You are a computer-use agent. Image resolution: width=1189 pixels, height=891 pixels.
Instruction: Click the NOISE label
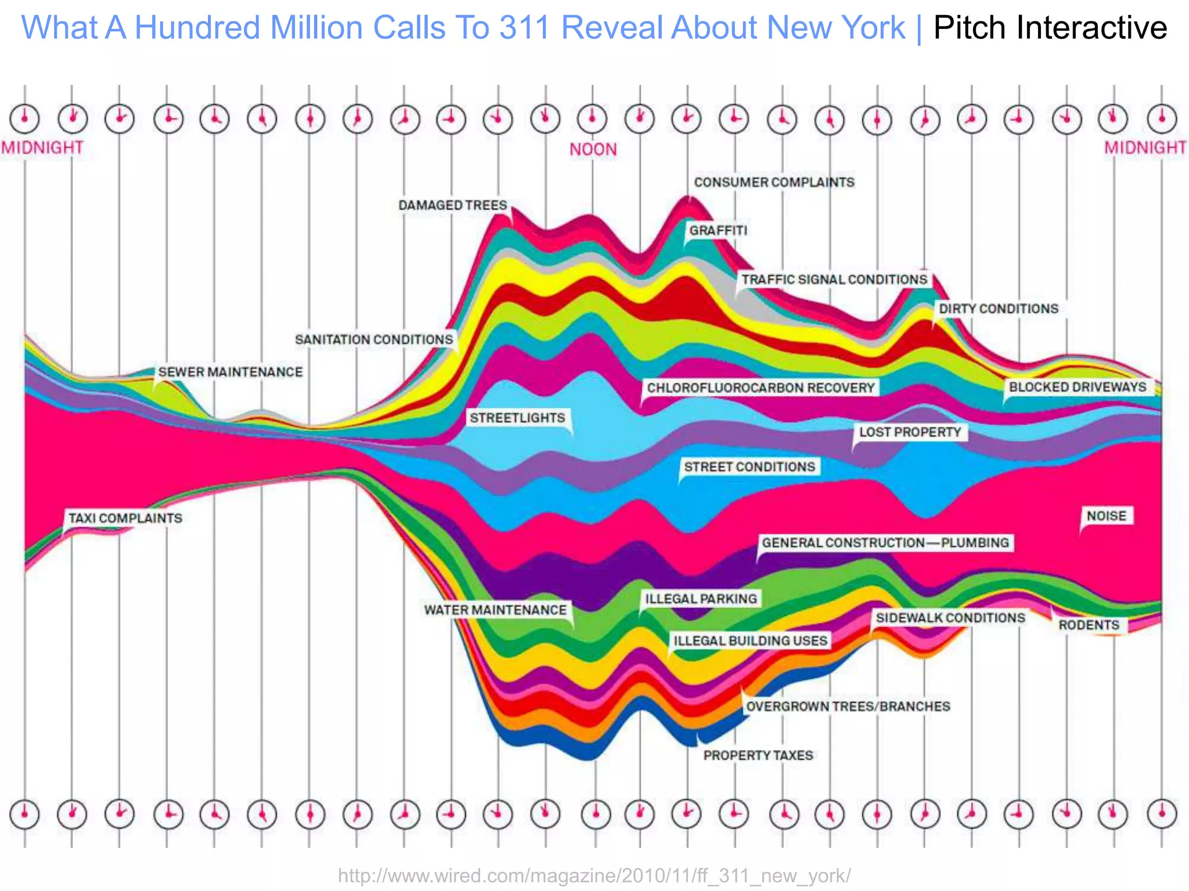click(x=1106, y=516)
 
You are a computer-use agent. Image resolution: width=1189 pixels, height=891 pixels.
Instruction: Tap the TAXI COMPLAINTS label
click(x=125, y=518)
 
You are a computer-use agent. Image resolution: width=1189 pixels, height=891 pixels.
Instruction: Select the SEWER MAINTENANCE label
click(x=230, y=372)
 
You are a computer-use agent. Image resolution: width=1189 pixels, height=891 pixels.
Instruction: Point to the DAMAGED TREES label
click(x=453, y=205)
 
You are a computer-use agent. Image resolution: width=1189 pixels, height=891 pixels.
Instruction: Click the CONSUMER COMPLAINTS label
click(x=774, y=182)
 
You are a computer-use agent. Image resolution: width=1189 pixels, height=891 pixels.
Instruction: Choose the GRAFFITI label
click(x=718, y=230)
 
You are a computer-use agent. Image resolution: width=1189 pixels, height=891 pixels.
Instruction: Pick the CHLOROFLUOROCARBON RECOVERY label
click(x=761, y=387)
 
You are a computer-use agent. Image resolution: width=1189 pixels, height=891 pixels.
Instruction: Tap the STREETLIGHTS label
click(x=517, y=418)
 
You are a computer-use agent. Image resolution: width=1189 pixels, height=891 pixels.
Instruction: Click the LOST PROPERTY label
click(x=910, y=432)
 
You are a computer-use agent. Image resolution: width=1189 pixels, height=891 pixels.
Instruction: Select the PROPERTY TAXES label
click(x=758, y=755)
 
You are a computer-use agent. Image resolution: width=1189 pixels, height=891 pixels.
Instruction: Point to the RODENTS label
click(x=1089, y=625)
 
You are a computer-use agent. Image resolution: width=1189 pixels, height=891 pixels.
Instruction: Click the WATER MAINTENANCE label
click(x=495, y=610)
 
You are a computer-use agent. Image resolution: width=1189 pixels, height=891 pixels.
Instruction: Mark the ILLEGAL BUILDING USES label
click(x=750, y=640)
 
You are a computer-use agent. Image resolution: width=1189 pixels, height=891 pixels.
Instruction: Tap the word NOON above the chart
click(x=593, y=150)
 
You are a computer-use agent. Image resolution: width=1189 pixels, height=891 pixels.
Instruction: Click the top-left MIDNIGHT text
click(x=42, y=148)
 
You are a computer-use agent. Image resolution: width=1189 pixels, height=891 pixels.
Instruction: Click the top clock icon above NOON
click(x=592, y=118)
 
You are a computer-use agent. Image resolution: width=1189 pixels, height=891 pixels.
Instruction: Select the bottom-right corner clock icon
click(x=1162, y=814)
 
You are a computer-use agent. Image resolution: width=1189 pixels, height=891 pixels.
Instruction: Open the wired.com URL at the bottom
click(x=594, y=875)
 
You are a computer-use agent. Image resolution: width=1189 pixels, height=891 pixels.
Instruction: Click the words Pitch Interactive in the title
click(x=1050, y=28)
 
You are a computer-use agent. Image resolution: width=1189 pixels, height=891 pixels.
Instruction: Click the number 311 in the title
click(x=525, y=28)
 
